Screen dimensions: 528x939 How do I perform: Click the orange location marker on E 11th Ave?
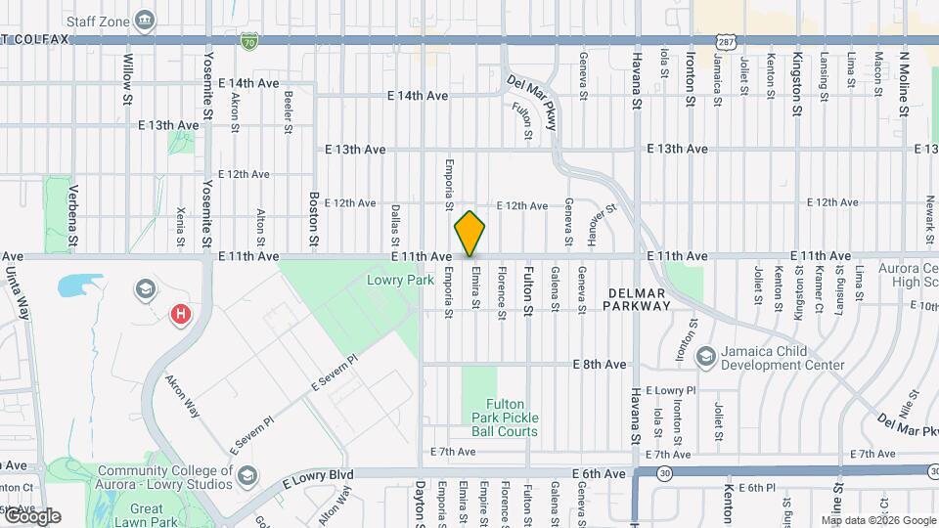tap(469, 234)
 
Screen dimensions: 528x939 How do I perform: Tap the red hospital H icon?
tap(181, 314)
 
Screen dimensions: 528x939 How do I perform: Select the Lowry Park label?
tap(399, 280)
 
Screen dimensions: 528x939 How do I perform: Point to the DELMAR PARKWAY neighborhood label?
tap(639, 299)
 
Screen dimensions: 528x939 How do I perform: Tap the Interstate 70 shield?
tap(249, 41)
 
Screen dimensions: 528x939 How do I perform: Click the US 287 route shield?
tap(725, 41)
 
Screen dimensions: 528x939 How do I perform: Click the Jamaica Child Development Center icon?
tap(705, 358)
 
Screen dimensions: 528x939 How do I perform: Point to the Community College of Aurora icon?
tap(247, 475)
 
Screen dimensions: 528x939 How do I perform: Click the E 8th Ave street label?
tap(599, 364)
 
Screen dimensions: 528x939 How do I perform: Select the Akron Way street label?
tap(183, 395)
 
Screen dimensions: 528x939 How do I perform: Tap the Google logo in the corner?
tap(32, 515)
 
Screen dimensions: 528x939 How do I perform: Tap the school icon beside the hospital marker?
tap(145, 287)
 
